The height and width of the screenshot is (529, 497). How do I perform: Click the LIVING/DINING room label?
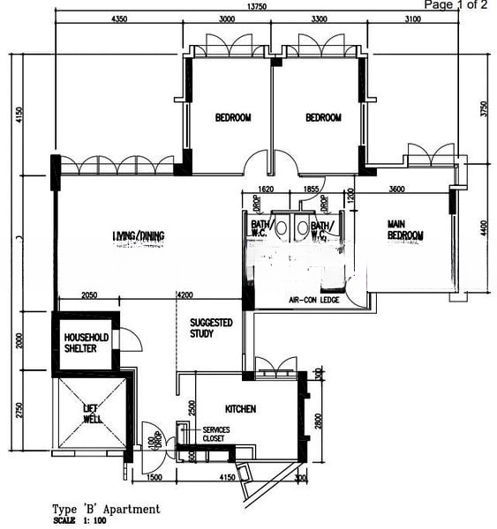click(139, 235)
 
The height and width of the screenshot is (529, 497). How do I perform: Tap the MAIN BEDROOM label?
click(405, 230)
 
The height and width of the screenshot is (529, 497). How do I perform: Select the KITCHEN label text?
click(240, 409)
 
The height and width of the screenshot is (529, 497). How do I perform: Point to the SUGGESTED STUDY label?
click(211, 328)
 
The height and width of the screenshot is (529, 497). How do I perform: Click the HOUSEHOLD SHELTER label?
click(86, 344)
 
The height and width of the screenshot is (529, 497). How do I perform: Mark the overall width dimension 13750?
click(257, 5)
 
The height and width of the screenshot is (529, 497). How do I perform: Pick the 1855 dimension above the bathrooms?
click(310, 189)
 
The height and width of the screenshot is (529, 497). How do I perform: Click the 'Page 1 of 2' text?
click(456, 5)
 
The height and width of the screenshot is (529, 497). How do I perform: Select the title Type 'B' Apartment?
click(107, 509)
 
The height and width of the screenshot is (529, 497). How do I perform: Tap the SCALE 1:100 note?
click(79, 521)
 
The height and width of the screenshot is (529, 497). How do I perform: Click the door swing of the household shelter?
click(126, 339)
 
